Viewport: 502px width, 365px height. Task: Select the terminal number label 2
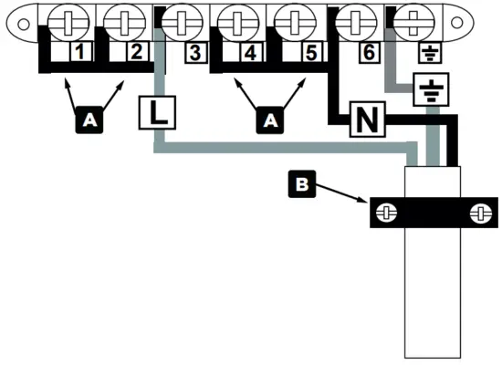pyautogui.click(x=135, y=52)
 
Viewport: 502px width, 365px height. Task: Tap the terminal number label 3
pyautogui.click(x=193, y=52)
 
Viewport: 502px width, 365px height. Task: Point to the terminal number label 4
pyautogui.click(x=249, y=52)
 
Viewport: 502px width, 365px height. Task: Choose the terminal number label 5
pyautogui.click(x=311, y=52)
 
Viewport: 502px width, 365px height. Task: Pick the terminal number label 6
pyautogui.click(x=367, y=52)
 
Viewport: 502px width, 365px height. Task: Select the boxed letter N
pyautogui.click(x=366, y=119)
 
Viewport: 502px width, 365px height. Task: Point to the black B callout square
pyautogui.click(x=302, y=185)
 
